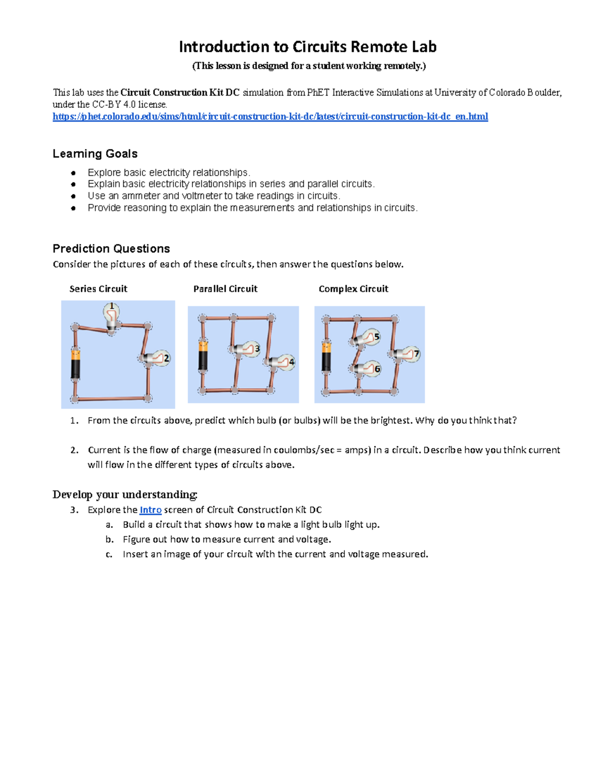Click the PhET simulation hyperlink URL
pyautogui.click(x=270, y=117)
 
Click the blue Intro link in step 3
pyautogui.click(x=150, y=510)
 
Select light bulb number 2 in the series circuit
pyautogui.click(x=158, y=358)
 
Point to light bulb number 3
pyautogui.click(x=248, y=349)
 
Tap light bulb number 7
pyautogui.click(x=408, y=354)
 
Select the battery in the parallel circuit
pyautogui.click(x=203, y=355)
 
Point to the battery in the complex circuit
pyautogui.click(x=326, y=356)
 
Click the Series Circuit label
pyautogui.click(x=98, y=289)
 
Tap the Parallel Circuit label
pyautogui.click(x=225, y=289)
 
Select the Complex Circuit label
pyautogui.click(x=353, y=289)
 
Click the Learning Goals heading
pyautogui.click(x=95, y=154)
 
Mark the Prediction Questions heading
pyautogui.click(x=111, y=249)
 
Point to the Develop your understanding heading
pyautogui.click(x=125, y=494)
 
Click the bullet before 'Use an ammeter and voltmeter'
pyautogui.click(x=73, y=196)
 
